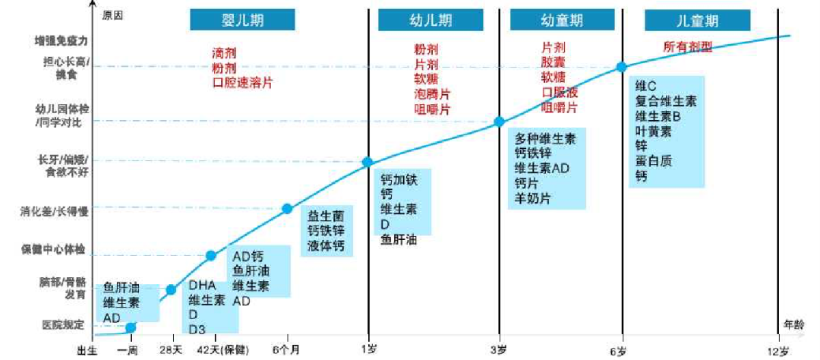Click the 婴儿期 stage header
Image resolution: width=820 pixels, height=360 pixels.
point(242,20)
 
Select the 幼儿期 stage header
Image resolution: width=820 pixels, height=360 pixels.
point(430,20)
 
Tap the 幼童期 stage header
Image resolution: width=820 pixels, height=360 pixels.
point(561,20)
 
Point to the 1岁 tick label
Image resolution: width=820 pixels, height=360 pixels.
point(368,349)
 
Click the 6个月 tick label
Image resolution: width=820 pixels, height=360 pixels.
point(288,349)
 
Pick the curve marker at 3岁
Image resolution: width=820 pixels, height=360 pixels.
point(499,122)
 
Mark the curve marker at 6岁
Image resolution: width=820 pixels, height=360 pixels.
point(621,67)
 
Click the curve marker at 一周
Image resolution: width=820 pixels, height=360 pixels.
point(131,327)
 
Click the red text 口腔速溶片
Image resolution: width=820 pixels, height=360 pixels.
point(242,83)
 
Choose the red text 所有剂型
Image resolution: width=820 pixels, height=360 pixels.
point(688,47)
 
